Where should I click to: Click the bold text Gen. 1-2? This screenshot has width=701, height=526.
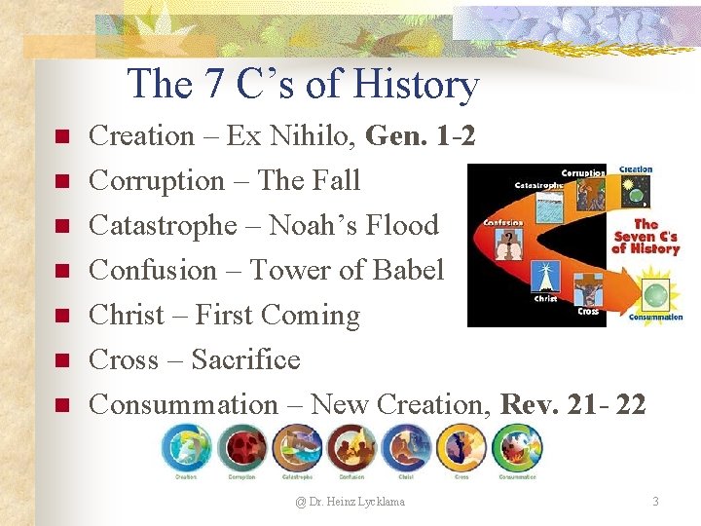coord(421,136)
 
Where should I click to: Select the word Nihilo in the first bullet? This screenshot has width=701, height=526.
coord(308,136)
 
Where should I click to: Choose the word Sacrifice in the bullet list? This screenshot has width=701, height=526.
coord(245,360)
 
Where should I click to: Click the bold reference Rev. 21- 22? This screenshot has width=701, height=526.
coord(572,405)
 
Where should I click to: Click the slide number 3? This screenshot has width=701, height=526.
coord(655,502)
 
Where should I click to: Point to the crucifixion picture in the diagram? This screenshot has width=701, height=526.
coord(588,289)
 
